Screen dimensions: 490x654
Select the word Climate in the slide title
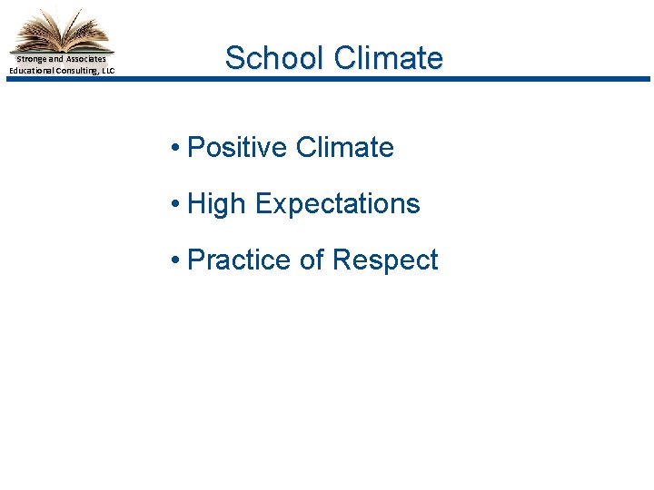(389, 58)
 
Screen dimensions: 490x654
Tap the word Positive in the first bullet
(236, 147)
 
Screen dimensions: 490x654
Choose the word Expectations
(337, 203)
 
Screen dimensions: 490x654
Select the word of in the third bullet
(312, 260)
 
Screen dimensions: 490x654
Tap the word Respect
(385, 260)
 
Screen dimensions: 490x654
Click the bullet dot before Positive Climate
(174, 148)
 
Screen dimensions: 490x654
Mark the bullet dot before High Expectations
(174, 204)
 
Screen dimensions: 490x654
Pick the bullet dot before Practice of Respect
(174, 260)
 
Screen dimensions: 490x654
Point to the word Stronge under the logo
(32, 59)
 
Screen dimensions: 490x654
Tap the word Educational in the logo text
(32, 70)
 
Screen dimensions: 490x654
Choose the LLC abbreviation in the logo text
(108, 70)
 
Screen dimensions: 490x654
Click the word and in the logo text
(56, 59)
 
